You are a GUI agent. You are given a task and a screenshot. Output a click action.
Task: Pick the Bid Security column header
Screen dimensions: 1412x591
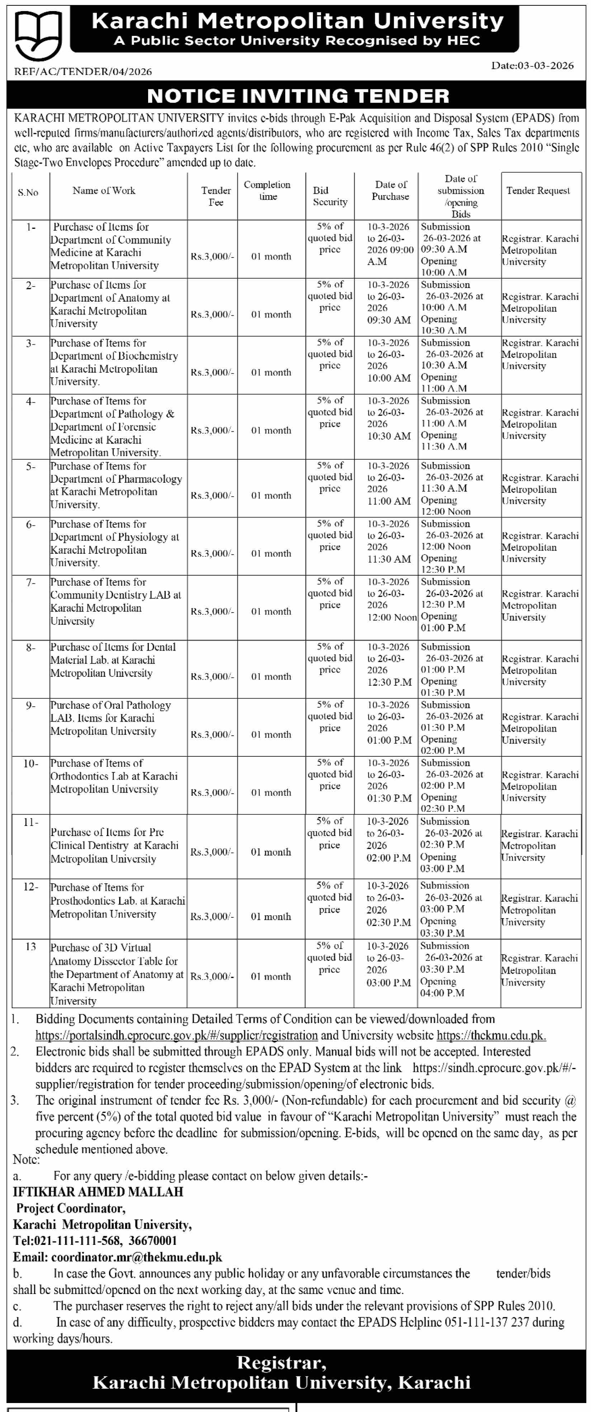(x=330, y=196)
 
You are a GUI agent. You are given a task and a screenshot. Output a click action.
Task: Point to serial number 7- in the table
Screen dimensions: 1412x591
(x=30, y=582)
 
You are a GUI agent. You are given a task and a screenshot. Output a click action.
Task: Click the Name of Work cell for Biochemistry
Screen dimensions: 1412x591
(x=114, y=362)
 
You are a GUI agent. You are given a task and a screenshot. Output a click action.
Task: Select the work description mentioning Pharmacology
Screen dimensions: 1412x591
(x=116, y=485)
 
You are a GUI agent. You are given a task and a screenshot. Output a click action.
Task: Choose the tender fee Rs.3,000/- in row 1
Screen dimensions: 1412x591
(x=212, y=256)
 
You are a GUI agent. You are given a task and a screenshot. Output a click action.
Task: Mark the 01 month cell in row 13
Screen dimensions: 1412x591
(x=271, y=976)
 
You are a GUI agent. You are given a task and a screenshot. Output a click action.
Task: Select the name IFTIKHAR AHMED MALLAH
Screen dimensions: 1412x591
(x=98, y=1192)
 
